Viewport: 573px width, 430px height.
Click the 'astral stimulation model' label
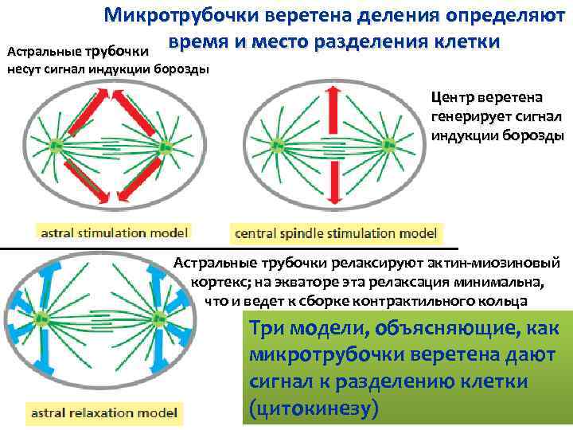[x=111, y=233]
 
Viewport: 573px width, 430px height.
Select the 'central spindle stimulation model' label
[x=335, y=233]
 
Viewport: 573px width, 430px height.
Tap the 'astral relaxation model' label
[x=103, y=412]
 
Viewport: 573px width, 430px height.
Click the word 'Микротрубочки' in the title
[x=185, y=17]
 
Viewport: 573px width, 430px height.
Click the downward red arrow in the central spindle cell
[x=333, y=179]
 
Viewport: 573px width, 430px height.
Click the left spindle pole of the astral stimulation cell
[x=56, y=146]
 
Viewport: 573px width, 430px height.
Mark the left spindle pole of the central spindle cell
[x=278, y=146]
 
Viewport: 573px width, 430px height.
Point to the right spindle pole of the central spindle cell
[x=389, y=146]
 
